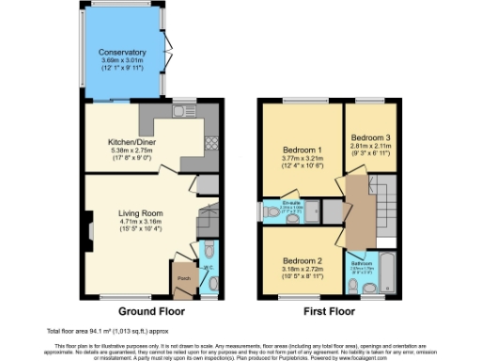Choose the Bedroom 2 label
(302, 259)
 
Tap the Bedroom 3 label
(371, 138)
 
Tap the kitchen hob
(211, 144)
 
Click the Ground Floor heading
(146, 309)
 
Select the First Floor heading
(330, 309)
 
